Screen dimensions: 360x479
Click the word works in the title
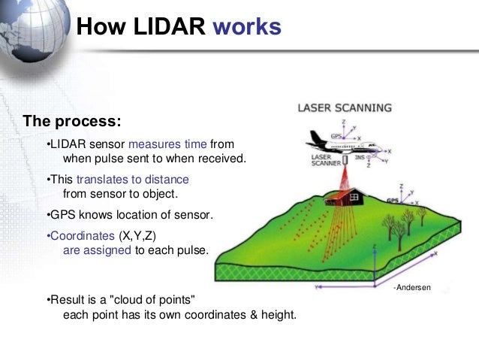[x=247, y=27]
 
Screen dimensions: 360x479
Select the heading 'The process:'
[x=72, y=120]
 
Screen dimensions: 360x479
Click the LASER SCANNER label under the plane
[x=325, y=160]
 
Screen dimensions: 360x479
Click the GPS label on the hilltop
[x=393, y=201]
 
